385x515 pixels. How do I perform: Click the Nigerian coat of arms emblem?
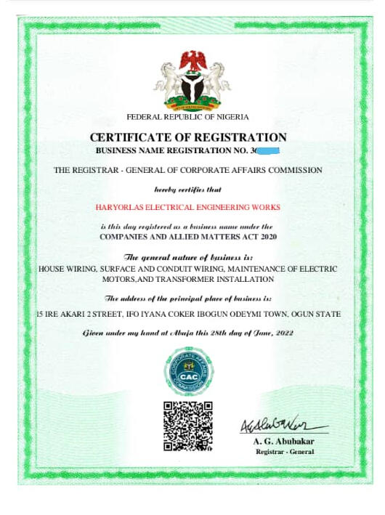coord(192,81)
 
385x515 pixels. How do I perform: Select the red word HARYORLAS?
coord(121,207)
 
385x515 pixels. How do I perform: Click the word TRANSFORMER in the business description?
coord(193,279)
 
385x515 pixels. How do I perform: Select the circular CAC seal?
coord(188,372)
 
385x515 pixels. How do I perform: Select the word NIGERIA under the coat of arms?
coord(232,117)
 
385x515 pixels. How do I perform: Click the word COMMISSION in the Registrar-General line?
coord(296,170)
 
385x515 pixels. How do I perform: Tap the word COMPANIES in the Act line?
coord(125,237)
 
